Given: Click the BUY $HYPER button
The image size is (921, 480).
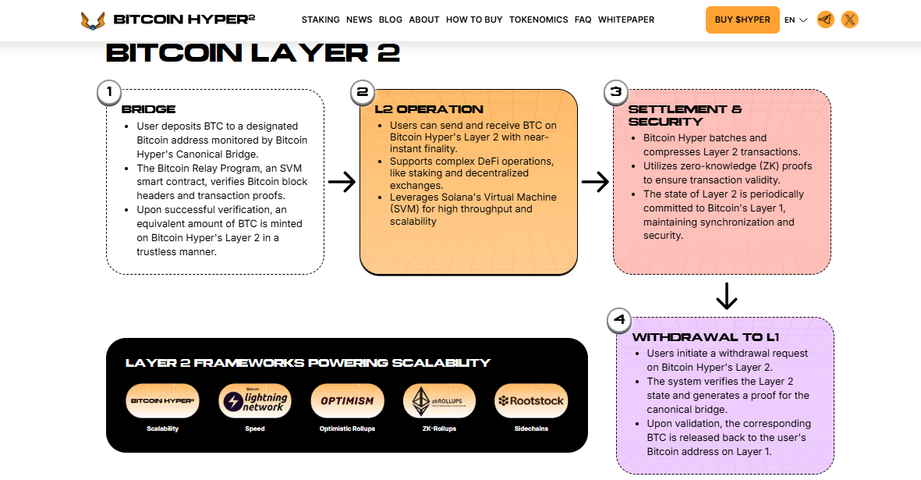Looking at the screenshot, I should tap(742, 20).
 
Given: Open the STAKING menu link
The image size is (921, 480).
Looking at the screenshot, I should tap(321, 20).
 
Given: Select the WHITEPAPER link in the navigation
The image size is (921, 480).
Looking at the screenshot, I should tap(626, 20).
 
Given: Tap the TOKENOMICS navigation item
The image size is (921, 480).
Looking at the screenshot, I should tap(538, 20).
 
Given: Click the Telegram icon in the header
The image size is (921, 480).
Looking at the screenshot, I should tap(826, 20).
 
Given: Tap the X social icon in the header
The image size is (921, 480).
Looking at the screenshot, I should tap(850, 20).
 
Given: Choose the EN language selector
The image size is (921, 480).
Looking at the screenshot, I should tap(795, 20).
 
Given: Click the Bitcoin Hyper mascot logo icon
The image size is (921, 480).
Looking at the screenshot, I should tap(93, 20).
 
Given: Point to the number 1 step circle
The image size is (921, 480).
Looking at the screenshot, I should tap(109, 92).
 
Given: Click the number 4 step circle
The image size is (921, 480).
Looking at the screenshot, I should tap(619, 319).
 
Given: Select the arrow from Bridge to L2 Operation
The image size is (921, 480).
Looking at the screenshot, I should tap(342, 183).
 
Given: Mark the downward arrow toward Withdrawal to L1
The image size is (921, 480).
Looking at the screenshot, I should tap(726, 296).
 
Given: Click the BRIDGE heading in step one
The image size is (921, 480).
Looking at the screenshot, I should tap(148, 109).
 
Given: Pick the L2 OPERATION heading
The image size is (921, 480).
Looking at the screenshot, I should tap(429, 109).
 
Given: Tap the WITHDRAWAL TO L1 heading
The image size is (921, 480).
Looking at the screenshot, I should tap(705, 337).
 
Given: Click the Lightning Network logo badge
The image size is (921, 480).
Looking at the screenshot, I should tap(254, 400).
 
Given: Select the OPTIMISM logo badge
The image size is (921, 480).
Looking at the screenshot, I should tap(347, 400).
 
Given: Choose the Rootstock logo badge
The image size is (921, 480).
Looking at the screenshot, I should tap(531, 400).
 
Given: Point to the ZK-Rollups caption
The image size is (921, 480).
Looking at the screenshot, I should tap(439, 428).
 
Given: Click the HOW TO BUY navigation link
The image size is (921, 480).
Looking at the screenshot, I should tap(474, 20).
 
